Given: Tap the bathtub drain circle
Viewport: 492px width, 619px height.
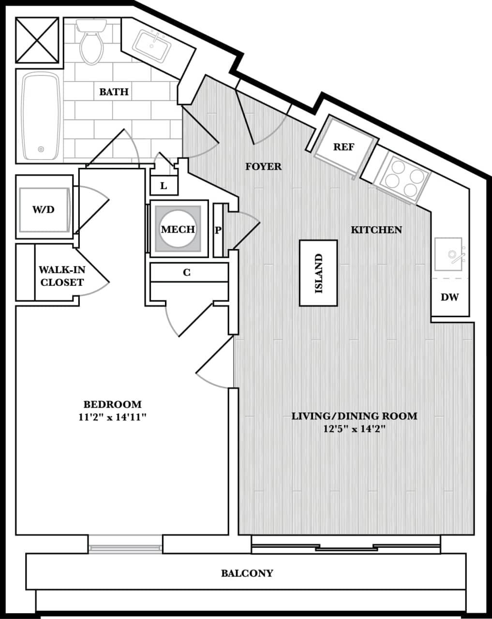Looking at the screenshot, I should [x=41, y=149].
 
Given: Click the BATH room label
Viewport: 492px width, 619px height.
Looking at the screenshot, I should [x=114, y=92].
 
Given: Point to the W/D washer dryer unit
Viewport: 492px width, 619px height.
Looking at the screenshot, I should [x=44, y=209].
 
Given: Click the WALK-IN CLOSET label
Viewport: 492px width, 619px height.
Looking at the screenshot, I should [x=61, y=276].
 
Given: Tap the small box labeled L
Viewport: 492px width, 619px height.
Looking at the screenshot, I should [x=164, y=186].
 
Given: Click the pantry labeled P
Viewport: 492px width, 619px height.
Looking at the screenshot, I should [x=219, y=230].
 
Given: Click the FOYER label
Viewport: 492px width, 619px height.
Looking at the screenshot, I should [x=263, y=167].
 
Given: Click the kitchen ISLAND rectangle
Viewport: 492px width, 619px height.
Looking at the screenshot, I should [x=318, y=273].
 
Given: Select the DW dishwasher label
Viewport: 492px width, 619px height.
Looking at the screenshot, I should [x=449, y=297].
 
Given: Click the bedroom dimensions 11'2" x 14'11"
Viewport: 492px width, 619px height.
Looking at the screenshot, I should [x=112, y=417].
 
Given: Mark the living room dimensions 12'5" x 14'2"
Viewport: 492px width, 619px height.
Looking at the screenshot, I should [x=354, y=428].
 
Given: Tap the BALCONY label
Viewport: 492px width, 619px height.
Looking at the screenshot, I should [x=247, y=574].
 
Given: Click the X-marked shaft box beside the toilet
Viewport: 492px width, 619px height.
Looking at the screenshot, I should [x=37, y=40].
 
